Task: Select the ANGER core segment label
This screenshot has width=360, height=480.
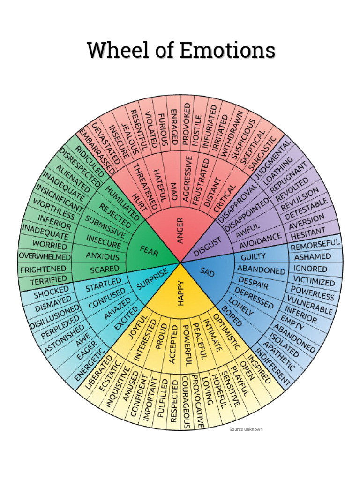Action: click(x=180, y=230)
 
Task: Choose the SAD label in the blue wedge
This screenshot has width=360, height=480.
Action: click(x=207, y=271)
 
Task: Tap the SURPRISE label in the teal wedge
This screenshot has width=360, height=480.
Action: click(x=151, y=279)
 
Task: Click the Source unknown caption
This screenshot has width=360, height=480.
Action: click(x=246, y=429)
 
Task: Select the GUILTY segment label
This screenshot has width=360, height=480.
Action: click(x=253, y=257)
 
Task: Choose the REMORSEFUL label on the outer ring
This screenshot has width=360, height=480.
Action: click(x=315, y=244)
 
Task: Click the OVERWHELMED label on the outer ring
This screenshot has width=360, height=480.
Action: click(x=45, y=256)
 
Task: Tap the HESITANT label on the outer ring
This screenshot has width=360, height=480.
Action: click(x=308, y=231)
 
